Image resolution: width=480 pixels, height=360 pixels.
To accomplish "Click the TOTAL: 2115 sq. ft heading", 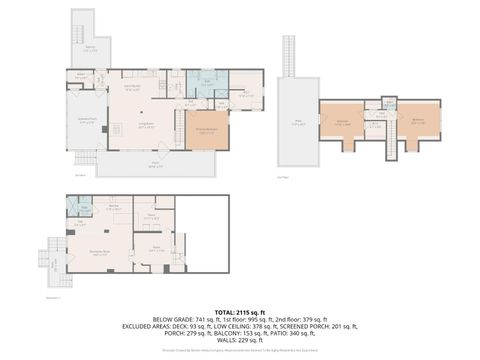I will pos(239,311).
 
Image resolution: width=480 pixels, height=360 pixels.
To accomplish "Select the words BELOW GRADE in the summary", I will pos(171,319).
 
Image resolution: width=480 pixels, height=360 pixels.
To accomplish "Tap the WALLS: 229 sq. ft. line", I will pos(239,339).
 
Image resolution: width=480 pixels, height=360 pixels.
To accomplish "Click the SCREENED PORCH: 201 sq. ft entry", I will pos(323,325).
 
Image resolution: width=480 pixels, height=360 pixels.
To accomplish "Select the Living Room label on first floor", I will pos(145,126).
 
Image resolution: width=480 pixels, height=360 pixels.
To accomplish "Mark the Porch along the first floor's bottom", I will pos(155,165).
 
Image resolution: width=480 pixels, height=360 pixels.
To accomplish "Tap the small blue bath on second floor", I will pos(379,103).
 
